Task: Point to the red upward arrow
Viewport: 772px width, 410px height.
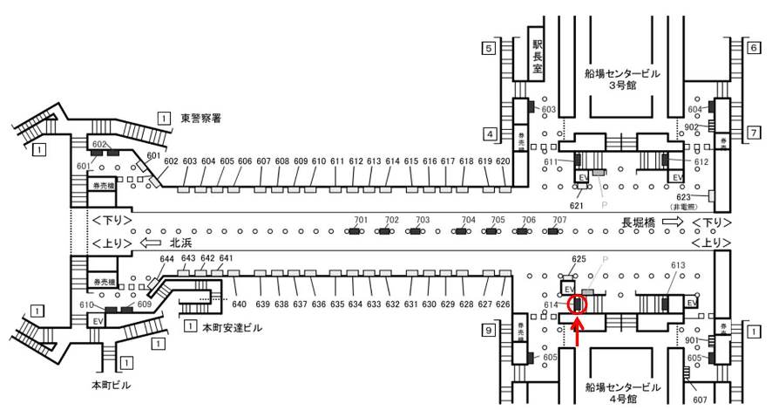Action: [x=577, y=335]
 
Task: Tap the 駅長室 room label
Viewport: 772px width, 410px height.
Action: [x=538, y=57]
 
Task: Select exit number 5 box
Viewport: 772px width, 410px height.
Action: [x=490, y=48]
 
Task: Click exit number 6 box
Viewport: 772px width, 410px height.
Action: [x=753, y=48]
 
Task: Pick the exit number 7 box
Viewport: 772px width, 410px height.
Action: [x=753, y=133]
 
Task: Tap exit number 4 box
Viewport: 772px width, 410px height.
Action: [x=490, y=133]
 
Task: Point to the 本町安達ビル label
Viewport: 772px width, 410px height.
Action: [x=231, y=328]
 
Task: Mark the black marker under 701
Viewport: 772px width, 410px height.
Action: [x=355, y=231]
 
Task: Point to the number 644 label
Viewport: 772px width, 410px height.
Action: [x=166, y=259]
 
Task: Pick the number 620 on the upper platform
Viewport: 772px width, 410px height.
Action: [x=503, y=161]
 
